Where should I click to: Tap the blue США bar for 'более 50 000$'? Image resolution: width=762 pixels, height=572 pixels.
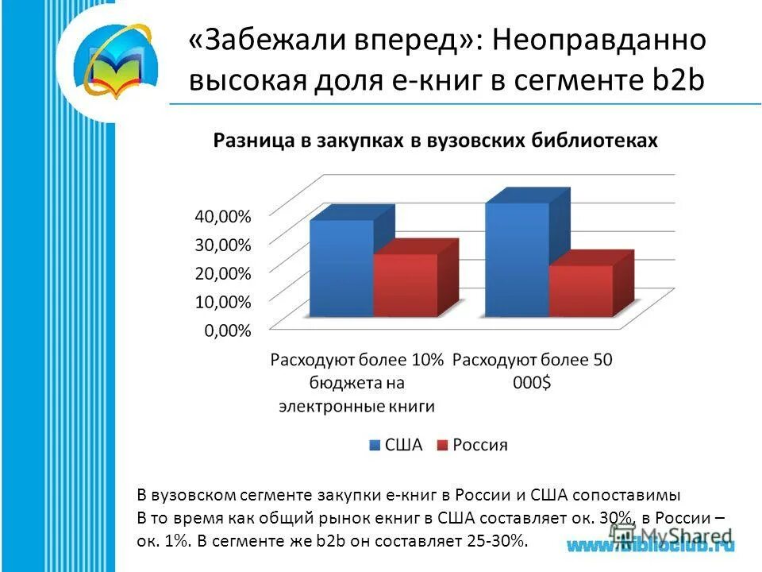click(517, 259)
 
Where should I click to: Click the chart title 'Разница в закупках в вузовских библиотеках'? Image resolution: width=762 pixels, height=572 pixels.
click(434, 141)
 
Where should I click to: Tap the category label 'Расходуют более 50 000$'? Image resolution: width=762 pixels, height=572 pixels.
click(533, 370)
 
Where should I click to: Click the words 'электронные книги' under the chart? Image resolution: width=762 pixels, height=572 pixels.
click(356, 406)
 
